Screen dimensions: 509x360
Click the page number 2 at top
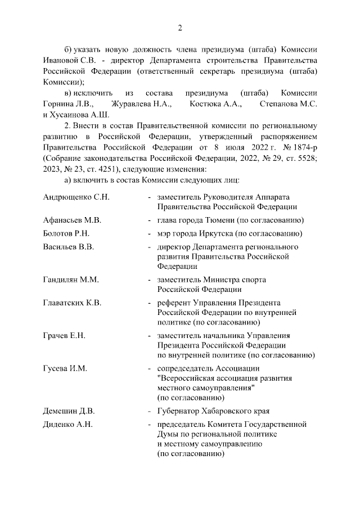(179, 28)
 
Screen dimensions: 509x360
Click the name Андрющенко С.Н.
(76, 197)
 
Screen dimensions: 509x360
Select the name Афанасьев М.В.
(71, 220)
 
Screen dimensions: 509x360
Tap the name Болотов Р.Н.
(66, 233)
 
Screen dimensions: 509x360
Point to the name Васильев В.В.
(68, 247)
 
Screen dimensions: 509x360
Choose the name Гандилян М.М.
(71, 280)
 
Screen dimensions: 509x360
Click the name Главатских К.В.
(72, 303)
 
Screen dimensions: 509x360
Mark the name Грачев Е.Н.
(64, 336)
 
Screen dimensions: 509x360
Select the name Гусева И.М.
(65, 368)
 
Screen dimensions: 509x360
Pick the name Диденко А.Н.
(68, 424)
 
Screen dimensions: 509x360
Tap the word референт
(174, 303)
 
